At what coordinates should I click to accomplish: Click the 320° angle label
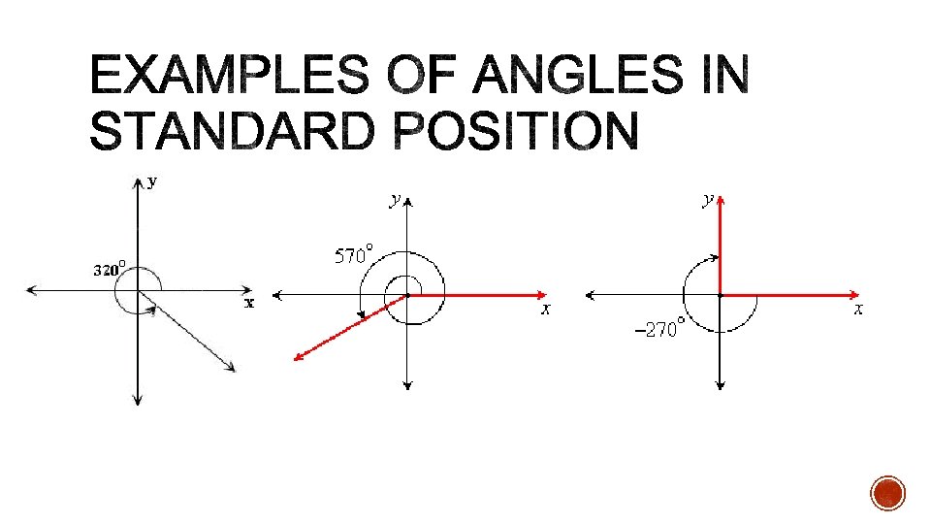coord(112,269)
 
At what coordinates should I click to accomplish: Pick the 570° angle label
coord(353,256)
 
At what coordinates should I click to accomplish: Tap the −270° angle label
coord(658,330)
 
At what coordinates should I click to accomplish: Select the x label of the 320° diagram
coord(249,303)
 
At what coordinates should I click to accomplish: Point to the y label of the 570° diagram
coord(394,200)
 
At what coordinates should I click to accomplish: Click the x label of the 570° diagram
coord(546,309)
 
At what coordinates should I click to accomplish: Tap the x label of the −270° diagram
coord(858,309)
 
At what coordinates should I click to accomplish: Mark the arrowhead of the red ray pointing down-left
coord(299,358)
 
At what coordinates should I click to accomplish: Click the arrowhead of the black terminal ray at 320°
coord(233,367)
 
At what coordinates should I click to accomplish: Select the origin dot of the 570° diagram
coord(408,295)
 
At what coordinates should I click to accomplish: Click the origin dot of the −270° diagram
coord(721,295)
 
